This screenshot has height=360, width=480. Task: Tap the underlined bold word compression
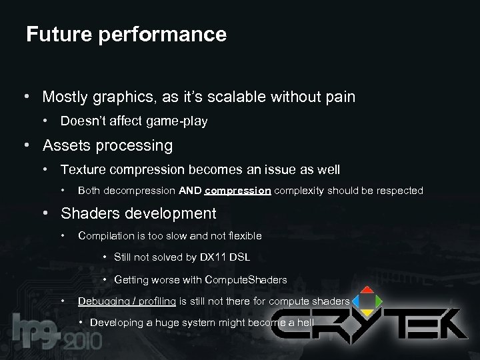[x=237, y=191]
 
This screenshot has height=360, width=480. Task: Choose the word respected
[x=398, y=191]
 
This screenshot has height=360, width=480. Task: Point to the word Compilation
[x=105, y=235]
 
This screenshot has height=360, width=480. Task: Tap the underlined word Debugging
[x=104, y=301]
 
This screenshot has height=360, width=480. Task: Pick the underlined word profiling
[x=157, y=301]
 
